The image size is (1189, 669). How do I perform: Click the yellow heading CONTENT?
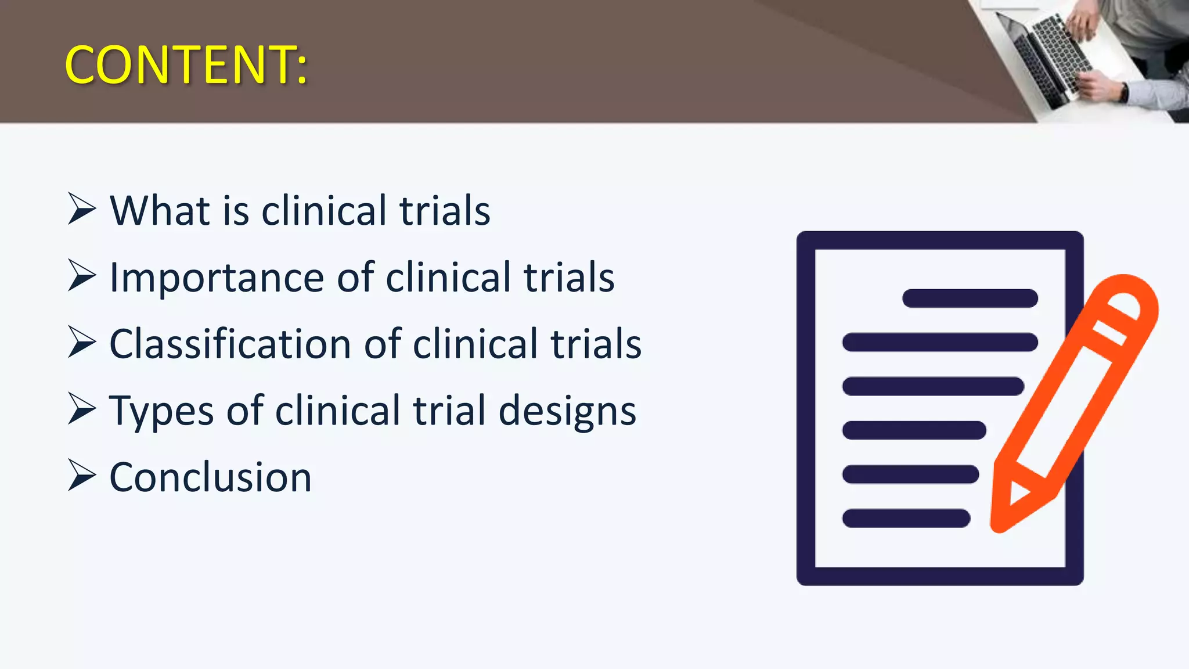point(186,65)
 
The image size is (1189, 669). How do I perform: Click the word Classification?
point(230,344)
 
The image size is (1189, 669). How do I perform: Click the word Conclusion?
point(210,478)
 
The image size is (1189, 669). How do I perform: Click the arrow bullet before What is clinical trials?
point(81,208)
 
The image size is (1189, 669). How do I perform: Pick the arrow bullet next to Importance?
point(81,275)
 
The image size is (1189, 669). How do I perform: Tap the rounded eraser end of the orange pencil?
point(1132,296)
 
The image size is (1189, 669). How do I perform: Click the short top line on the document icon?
point(970,298)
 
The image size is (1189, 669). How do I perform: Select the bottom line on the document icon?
point(906,518)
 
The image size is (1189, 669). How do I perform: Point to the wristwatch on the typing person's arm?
point(1125,92)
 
